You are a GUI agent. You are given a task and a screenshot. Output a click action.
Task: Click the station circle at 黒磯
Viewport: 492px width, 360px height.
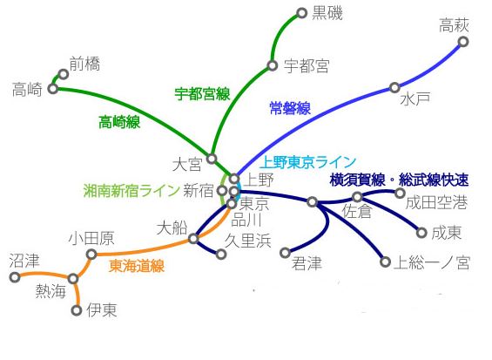(301, 13)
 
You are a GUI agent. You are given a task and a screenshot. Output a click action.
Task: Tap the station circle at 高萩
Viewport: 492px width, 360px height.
(463, 42)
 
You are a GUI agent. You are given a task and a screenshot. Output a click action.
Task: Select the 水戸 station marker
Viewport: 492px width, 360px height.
(394, 87)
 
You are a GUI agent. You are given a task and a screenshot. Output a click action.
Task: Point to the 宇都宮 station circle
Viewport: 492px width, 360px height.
(273, 65)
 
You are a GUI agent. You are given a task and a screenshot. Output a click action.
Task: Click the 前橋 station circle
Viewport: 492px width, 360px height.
(64, 74)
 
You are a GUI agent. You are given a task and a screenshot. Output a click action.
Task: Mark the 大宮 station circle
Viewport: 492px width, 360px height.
(212, 159)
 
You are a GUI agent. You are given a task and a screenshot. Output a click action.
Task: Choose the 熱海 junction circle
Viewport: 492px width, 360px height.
(73, 279)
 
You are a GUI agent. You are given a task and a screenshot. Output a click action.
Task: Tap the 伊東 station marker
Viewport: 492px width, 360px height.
(77, 310)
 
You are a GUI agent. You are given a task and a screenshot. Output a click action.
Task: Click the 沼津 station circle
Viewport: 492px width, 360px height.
(15, 277)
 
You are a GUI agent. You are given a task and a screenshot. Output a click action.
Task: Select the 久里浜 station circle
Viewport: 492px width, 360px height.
(221, 254)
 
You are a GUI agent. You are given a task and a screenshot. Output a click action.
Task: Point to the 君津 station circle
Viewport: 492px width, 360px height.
(286, 253)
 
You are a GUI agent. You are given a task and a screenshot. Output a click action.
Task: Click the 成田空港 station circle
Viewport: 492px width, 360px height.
(400, 193)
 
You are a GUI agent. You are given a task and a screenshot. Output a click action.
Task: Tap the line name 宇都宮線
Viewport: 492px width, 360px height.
(202, 94)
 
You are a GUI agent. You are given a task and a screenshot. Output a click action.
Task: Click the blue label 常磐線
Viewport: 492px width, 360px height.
(290, 108)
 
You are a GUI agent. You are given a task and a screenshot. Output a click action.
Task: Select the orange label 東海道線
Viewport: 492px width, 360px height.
(137, 266)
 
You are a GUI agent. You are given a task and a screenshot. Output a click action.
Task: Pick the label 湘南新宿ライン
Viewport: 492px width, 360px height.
(131, 191)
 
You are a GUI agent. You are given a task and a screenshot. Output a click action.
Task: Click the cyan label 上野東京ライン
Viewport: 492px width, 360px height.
(308, 162)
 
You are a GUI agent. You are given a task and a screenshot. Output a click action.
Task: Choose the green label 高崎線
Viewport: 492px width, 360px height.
(119, 122)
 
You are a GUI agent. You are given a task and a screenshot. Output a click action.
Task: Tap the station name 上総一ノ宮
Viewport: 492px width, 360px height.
(432, 262)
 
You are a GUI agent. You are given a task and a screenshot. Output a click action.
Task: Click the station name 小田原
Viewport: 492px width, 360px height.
(91, 238)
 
